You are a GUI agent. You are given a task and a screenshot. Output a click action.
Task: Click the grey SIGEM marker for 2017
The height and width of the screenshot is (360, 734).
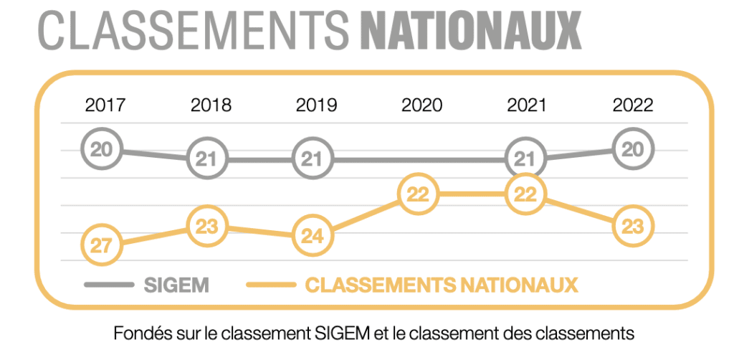click(x=102, y=149)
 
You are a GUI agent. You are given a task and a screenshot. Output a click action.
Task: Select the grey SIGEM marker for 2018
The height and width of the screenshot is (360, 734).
click(x=207, y=159)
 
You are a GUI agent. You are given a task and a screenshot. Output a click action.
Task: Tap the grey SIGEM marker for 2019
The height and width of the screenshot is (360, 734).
click(x=313, y=159)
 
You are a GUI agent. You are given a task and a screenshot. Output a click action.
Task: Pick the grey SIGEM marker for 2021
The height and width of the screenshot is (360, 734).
click(x=524, y=159)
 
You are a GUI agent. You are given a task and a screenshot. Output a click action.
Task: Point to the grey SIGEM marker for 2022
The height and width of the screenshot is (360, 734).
click(x=634, y=149)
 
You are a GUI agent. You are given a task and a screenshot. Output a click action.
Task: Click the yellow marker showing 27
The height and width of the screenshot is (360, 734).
click(x=102, y=245)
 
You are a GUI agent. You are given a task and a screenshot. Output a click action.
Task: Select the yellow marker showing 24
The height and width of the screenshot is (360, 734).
click(x=313, y=237)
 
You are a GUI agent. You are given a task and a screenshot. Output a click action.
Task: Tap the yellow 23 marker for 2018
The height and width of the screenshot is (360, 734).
click(x=207, y=227)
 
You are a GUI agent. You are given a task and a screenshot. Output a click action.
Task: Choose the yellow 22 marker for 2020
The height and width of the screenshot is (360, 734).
click(x=419, y=194)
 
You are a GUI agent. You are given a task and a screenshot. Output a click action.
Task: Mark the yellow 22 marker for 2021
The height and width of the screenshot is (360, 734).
click(x=525, y=194)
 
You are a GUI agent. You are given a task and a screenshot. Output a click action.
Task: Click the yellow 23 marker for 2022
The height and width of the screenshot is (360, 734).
click(x=634, y=227)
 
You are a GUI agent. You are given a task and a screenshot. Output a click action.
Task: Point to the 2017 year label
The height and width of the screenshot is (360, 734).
click(x=105, y=105)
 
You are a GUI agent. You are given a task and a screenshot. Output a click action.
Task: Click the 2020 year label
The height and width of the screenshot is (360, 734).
click(x=422, y=105)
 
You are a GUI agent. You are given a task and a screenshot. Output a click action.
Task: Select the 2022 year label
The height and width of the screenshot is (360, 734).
click(x=633, y=105)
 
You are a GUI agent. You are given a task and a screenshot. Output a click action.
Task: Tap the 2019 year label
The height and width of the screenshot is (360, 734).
click(x=316, y=105)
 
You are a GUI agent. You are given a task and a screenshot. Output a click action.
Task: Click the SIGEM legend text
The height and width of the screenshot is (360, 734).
click(x=176, y=285)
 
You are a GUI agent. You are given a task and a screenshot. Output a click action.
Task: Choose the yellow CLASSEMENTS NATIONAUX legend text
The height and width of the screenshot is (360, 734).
click(x=442, y=285)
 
